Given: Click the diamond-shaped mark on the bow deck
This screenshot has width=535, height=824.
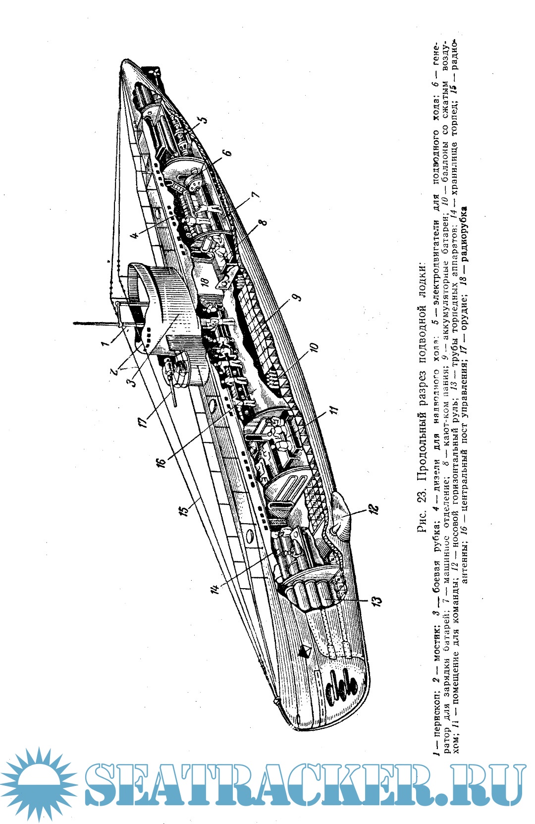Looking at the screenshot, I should pyautogui.click(x=305, y=651).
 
